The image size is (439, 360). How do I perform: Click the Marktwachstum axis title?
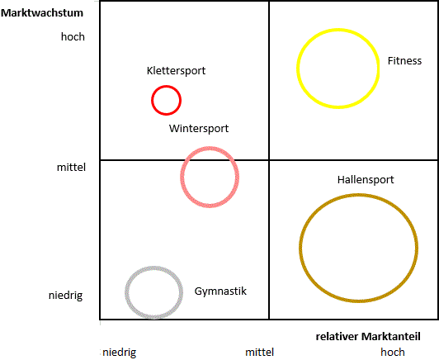pos(42,13)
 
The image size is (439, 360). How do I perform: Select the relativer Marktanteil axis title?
pos(368,336)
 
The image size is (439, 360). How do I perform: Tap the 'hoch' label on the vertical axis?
pos(73,36)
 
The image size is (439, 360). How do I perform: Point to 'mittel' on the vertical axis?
pos(71,168)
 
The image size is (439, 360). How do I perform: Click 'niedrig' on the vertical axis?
pos(65,296)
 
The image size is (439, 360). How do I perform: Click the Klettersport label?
pos(176,71)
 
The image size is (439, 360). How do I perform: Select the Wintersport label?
pos(199,129)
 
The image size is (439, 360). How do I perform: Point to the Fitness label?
pos(404,61)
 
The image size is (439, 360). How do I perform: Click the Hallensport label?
pos(366,179)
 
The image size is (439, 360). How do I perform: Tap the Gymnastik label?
pos(220,291)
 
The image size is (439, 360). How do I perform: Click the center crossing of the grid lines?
pos(269,160)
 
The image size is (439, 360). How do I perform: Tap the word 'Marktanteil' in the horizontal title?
pos(391,336)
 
